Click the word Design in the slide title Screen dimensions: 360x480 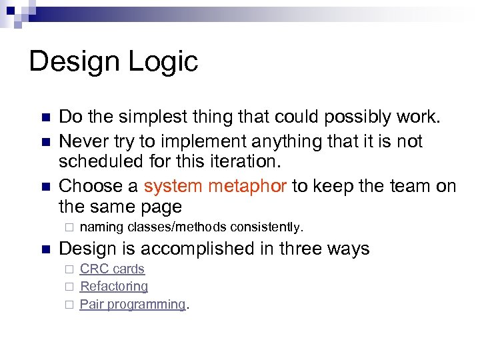[72, 62]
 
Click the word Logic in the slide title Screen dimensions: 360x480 [161, 62]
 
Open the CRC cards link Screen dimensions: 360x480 [112, 269]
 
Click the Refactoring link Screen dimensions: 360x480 [114, 286]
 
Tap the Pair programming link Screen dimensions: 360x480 [132, 304]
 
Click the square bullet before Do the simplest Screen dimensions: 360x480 [45, 118]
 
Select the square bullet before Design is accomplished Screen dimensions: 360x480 [45, 249]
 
